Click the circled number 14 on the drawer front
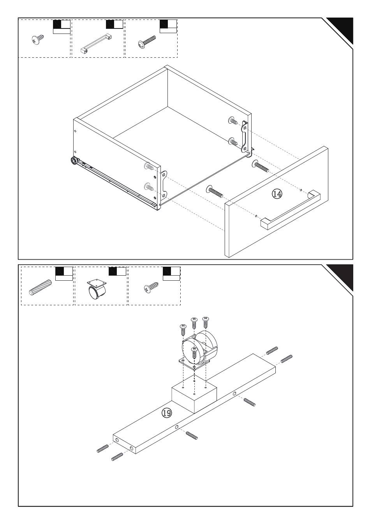(277, 194)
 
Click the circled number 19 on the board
(167, 413)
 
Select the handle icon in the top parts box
(96, 43)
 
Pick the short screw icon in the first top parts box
(38, 39)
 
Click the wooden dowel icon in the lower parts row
(40, 287)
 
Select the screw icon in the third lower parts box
(151, 287)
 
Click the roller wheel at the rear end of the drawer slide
(74, 161)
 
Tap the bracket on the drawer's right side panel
(245, 136)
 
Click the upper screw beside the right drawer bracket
(233, 121)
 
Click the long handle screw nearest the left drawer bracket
(214, 191)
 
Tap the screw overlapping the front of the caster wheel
(194, 353)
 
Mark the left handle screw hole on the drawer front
(256, 216)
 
